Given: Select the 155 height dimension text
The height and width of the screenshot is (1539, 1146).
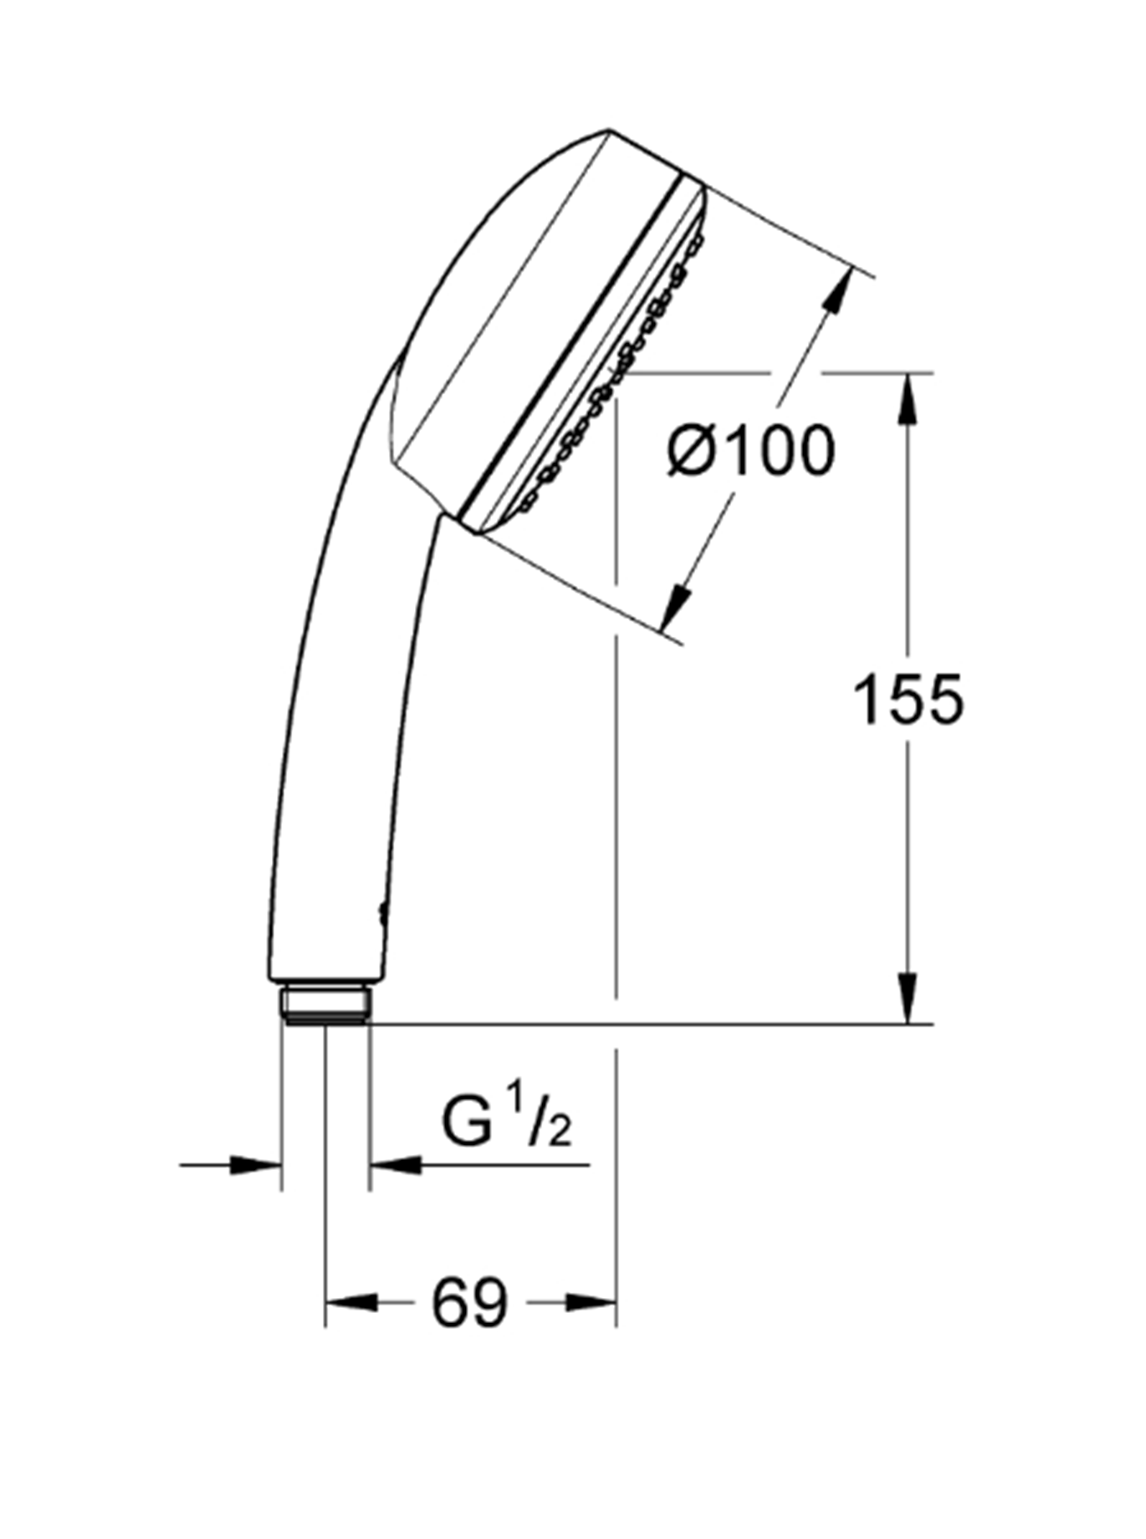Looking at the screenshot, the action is [x=908, y=700].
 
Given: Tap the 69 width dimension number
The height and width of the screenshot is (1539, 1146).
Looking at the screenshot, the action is [x=470, y=1303].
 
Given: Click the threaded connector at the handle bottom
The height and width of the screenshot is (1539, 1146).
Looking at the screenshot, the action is [x=325, y=1004].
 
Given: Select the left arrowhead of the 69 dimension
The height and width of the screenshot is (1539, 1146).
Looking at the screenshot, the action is [x=351, y=1303].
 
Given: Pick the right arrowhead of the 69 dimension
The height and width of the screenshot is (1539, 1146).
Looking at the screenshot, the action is [x=591, y=1303].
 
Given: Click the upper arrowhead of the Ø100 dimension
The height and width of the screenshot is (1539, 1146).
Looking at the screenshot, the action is [x=839, y=293].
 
